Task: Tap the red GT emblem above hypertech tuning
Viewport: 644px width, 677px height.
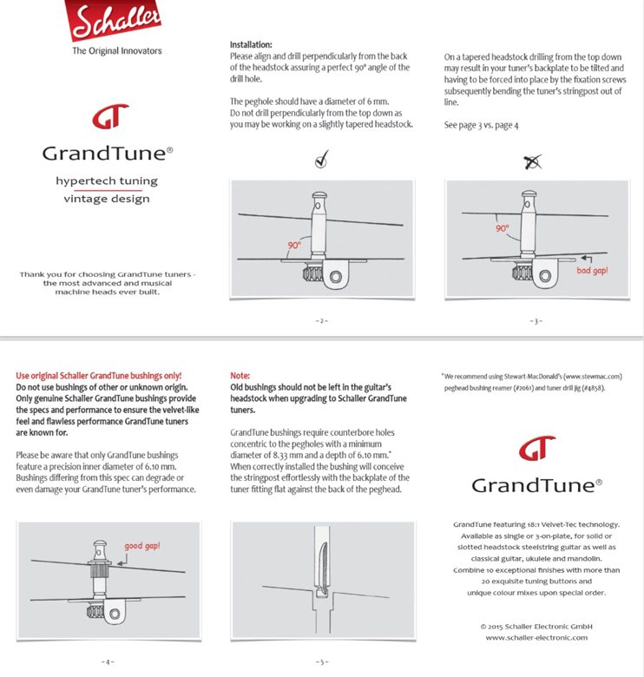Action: [x=108, y=115]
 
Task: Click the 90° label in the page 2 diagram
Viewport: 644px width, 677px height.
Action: [x=294, y=246]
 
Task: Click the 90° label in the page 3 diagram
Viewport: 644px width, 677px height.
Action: [x=503, y=229]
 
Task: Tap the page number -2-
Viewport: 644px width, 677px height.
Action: [x=321, y=321]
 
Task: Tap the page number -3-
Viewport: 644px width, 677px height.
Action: [x=536, y=321]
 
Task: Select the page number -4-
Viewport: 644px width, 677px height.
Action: [x=107, y=662]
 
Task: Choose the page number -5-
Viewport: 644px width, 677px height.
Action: [x=321, y=662]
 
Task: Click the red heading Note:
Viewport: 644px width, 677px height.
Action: [x=240, y=376]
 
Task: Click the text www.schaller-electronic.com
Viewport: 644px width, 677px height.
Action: [x=536, y=638]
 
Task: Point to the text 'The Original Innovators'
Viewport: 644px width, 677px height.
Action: [x=116, y=51]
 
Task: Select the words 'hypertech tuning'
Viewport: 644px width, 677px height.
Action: [x=107, y=181]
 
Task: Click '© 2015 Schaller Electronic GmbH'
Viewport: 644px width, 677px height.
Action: [x=536, y=626]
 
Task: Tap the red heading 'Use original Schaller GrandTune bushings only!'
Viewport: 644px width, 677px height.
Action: [x=99, y=376]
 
